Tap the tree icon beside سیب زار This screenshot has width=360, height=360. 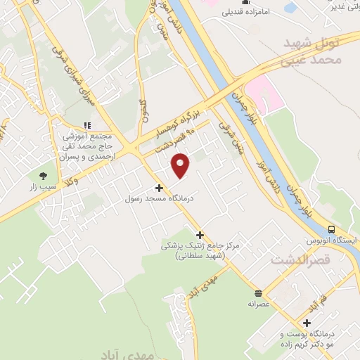pos(44,156)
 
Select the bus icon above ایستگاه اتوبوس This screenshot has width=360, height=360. pos(331,229)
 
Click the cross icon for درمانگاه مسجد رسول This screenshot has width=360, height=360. pos(159,188)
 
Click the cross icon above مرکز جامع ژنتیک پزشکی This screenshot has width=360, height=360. pos(200,235)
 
